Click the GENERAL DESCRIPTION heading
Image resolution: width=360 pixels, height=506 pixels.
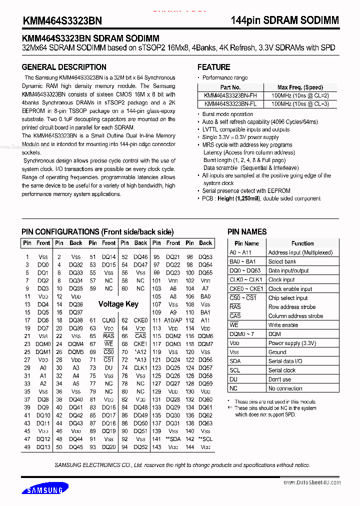[64, 67]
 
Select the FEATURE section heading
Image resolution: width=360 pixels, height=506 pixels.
[213, 67]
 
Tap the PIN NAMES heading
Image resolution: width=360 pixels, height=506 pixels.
[247, 232]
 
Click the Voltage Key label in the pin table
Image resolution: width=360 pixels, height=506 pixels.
[118, 304]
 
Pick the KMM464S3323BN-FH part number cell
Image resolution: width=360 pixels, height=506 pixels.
[223, 95]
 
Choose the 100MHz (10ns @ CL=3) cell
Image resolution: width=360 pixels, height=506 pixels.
[300, 103]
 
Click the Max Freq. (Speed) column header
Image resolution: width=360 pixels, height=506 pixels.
[300, 87]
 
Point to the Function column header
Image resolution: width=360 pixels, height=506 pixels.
[302, 243]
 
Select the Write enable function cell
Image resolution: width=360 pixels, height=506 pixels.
[283, 325]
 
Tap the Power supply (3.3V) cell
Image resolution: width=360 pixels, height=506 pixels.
[292, 343]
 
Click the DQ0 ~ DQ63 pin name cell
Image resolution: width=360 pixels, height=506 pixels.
[245, 270]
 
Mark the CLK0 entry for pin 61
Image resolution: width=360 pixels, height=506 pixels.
[109, 320]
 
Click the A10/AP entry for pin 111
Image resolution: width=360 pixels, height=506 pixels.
[173, 320]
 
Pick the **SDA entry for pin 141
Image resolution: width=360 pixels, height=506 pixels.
[173, 439]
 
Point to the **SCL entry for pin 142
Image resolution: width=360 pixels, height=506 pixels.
[205, 439]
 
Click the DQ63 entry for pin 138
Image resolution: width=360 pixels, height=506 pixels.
[205, 423]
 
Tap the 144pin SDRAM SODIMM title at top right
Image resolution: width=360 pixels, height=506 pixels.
[284, 20]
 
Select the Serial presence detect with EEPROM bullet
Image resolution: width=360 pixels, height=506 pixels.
[246, 191]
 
